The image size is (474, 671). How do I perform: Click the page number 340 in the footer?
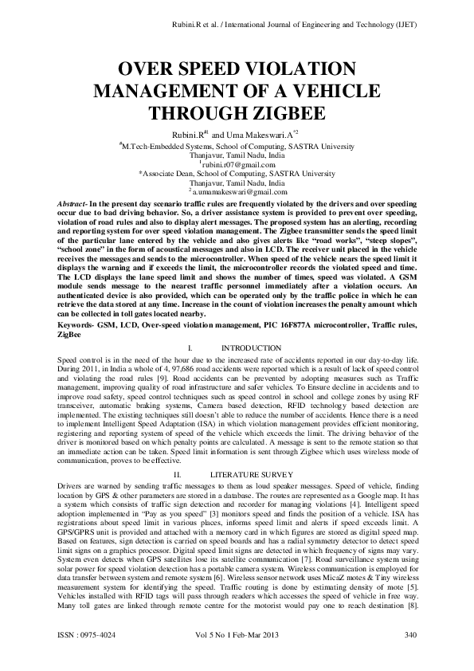tap(411, 656)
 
